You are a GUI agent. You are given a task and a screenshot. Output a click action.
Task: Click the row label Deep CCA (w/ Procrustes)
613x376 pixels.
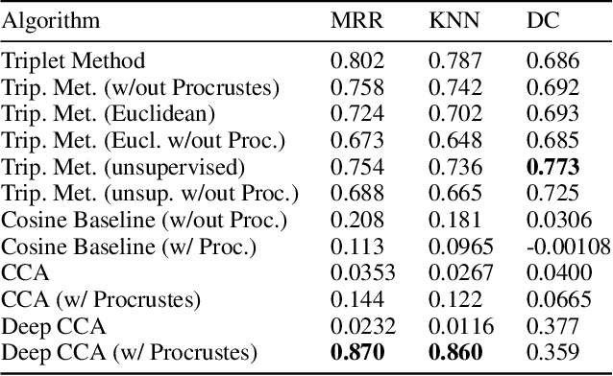[x=129, y=352]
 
